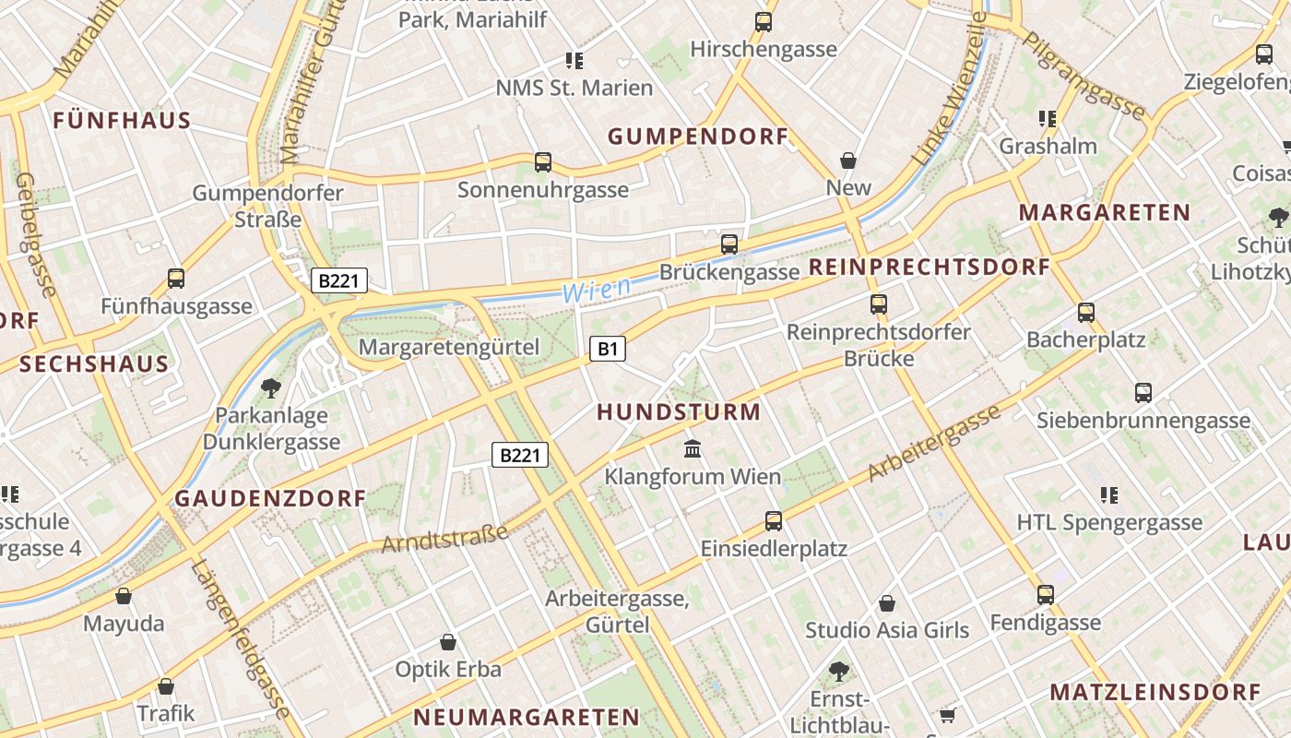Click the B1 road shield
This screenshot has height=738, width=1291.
pyautogui.click(x=607, y=349)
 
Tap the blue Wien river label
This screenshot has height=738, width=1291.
pyautogui.click(x=597, y=290)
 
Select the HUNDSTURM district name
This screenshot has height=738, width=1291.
pyautogui.click(x=680, y=412)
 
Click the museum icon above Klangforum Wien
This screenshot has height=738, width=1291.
pyautogui.click(x=693, y=449)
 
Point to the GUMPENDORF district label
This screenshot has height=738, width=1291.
pyautogui.click(x=698, y=137)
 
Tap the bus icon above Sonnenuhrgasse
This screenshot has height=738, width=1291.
pyautogui.click(x=543, y=162)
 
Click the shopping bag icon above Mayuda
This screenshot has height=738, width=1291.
pyautogui.click(x=124, y=596)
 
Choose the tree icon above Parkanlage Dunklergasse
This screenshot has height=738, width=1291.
pyautogui.click(x=270, y=387)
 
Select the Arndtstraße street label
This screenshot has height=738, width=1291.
pyautogui.click(x=445, y=539)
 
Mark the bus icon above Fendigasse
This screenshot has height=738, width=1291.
pyautogui.click(x=1045, y=595)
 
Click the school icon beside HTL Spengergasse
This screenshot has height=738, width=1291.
pyautogui.click(x=1109, y=495)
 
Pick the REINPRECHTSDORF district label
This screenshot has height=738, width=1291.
pyautogui.click(x=930, y=268)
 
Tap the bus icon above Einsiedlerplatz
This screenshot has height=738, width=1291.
pyautogui.click(x=774, y=521)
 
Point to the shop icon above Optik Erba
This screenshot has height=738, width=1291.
pyautogui.click(x=448, y=642)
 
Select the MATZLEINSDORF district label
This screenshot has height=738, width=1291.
pyautogui.click(x=1155, y=692)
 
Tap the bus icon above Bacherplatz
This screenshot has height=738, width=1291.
pyautogui.click(x=1086, y=313)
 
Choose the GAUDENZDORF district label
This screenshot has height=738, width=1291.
pyautogui.click(x=271, y=499)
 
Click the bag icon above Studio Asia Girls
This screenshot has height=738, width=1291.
pyautogui.click(x=887, y=603)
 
